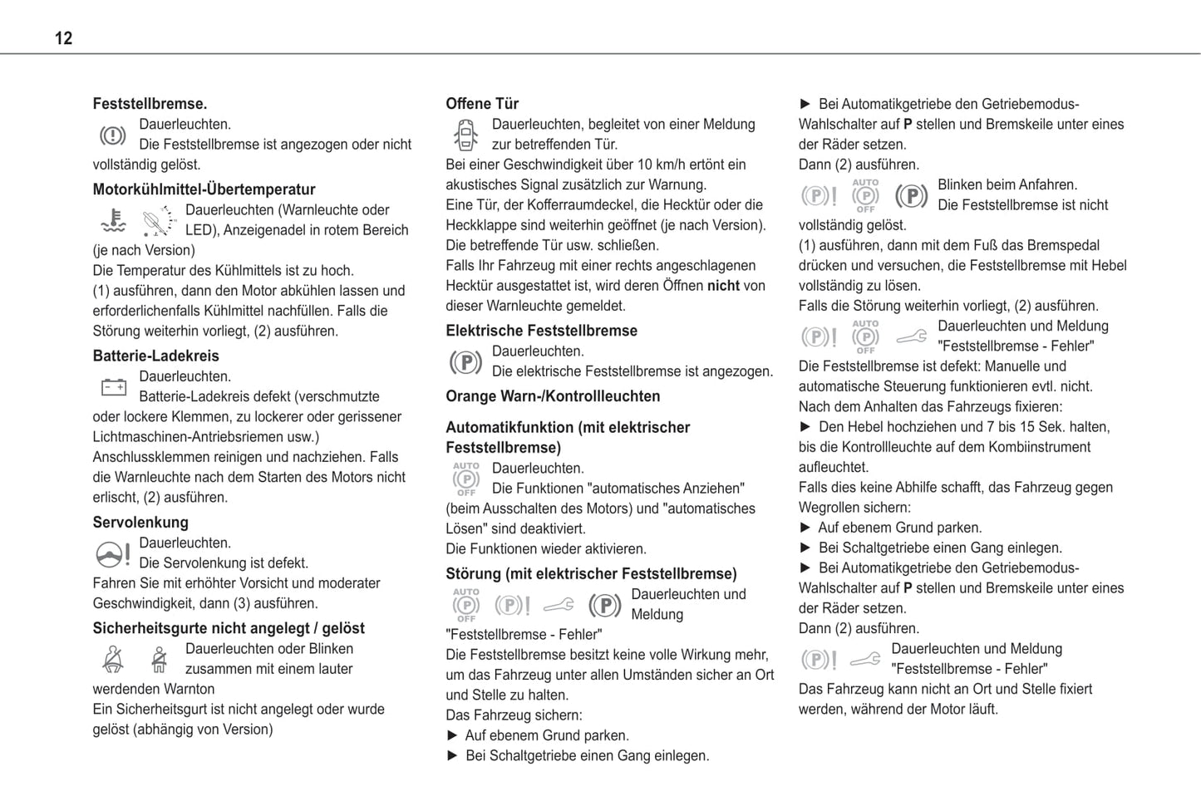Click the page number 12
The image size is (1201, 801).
(63, 38)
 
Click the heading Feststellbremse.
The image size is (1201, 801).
(150, 104)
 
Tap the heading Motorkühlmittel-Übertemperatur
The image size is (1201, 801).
(204, 189)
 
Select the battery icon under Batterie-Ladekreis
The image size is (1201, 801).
(113, 387)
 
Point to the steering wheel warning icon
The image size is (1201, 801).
(113, 553)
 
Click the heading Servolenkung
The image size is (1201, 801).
(140, 523)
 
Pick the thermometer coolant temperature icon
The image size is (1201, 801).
(113, 220)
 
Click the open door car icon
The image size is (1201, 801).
(465, 135)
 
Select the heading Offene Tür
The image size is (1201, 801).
(482, 104)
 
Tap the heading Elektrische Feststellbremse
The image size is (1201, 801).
(541, 331)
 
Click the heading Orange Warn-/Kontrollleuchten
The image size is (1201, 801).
(553, 396)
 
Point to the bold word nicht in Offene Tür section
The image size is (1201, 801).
(723, 286)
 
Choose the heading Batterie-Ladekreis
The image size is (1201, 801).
(155, 356)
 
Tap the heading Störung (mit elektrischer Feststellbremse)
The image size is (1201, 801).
(591, 574)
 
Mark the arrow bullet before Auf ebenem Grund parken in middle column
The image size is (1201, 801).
(453, 735)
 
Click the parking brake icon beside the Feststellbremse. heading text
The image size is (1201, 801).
(113, 135)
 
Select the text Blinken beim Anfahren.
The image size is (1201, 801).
(1007, 184)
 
